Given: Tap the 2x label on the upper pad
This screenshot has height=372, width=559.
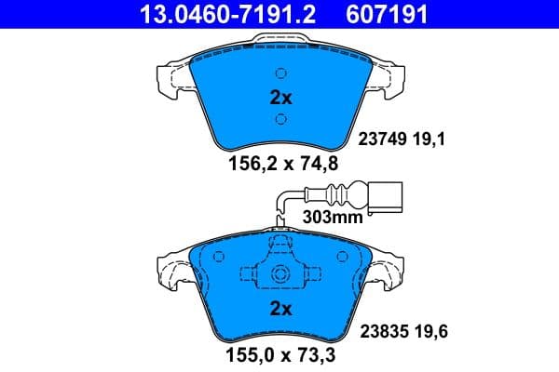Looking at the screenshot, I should pyautogui.click(x=280, y=97).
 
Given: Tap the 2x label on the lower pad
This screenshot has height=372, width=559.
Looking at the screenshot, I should pyautogui.click(x=280, y=308).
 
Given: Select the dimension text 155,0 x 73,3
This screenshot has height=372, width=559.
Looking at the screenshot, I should pyautogui.click(x=280, y=355).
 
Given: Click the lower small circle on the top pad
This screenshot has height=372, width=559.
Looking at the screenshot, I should pyautogui.click(x=280, y=118).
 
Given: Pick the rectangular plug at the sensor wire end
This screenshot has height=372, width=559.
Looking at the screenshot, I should pyautogui.click(x=384, y=197).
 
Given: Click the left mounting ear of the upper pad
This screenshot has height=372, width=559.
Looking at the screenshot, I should pyautogui.click(x=172, y=77).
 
